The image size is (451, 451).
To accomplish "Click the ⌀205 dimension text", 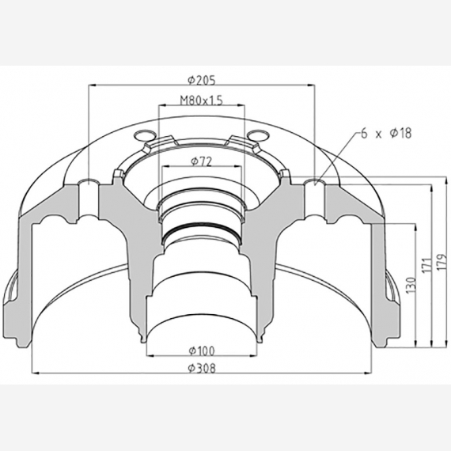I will click(203, 79).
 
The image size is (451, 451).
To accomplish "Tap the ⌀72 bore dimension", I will click(200, 161).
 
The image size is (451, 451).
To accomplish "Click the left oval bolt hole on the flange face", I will click(142, 132).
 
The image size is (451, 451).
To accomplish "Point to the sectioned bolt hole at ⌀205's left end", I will click(89, 185).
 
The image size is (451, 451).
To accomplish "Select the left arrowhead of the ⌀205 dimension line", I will click(93, 85).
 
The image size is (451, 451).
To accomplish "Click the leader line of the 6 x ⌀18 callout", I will click(336, 154).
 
